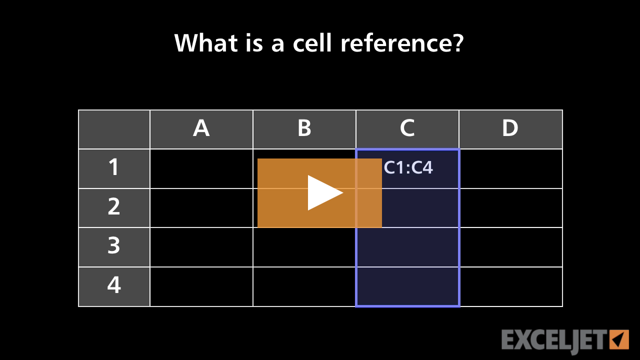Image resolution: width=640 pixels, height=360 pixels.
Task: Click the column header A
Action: [201, 129]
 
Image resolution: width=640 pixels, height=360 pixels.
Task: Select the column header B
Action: [304, 129]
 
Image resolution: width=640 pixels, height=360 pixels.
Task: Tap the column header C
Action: [407, 129]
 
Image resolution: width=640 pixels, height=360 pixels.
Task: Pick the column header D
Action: [510, 129]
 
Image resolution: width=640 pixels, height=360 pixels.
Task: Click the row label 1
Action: [114, 168]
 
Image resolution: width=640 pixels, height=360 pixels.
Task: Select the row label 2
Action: [114, 207]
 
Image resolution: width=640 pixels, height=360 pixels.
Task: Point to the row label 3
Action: [114, 246]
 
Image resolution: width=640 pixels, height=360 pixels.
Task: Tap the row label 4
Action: [114, 285]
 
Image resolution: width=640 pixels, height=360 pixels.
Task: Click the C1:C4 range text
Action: [408, 168]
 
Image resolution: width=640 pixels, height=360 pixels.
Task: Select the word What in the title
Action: [206, 43]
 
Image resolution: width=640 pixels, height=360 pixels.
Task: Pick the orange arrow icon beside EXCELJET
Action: [619, 339]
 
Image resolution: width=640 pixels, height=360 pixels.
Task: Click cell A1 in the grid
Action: [201, 168]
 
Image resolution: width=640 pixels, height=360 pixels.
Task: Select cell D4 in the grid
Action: [510, 286]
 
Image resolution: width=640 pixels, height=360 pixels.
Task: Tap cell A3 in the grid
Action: [201, 247]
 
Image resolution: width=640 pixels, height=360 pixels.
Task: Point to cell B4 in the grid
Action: [304, 286]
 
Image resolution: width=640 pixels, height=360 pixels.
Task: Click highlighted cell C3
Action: [407, 247]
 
